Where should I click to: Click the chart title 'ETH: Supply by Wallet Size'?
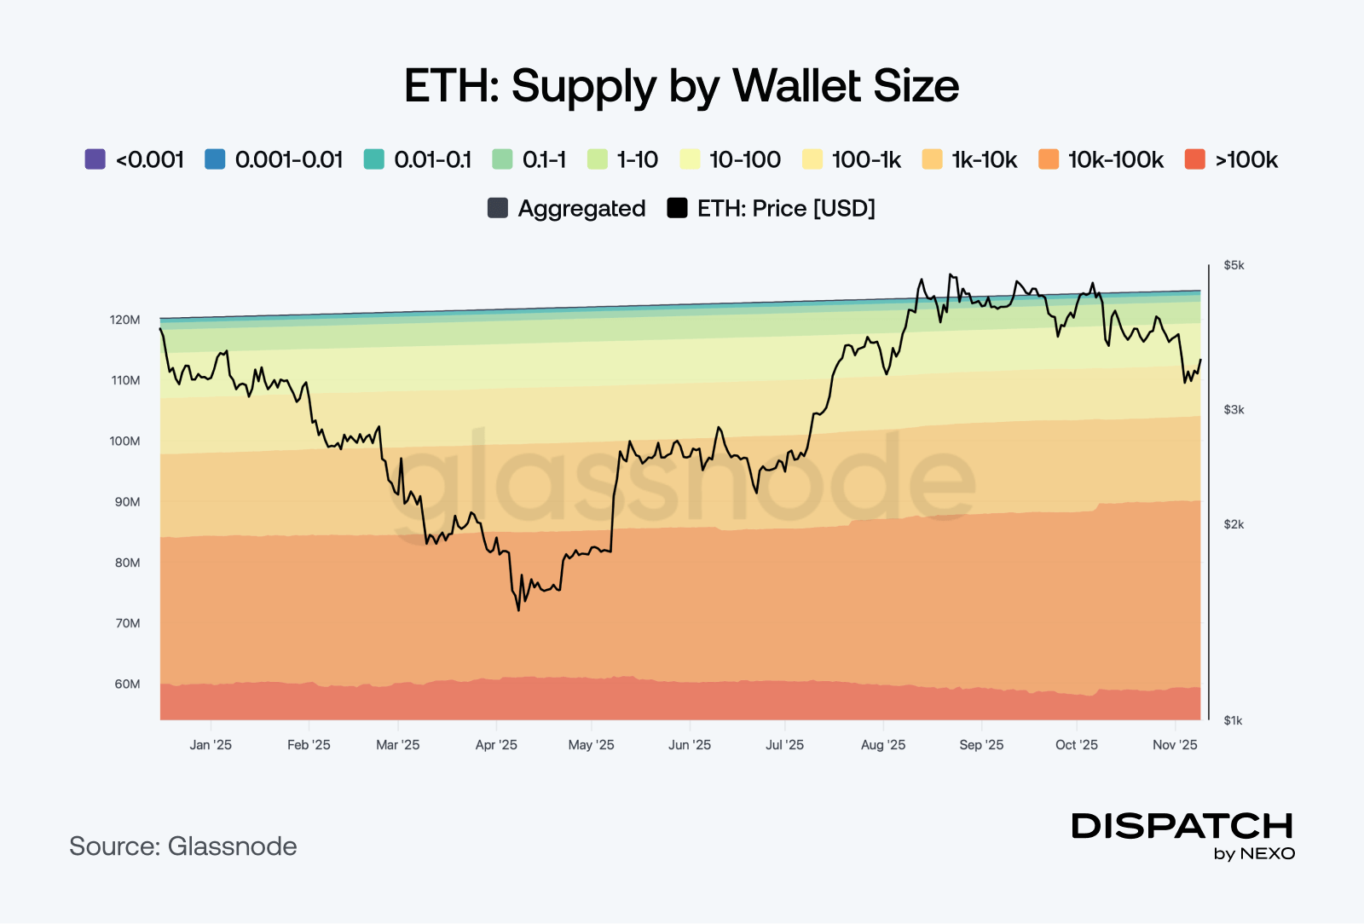click(681, 86)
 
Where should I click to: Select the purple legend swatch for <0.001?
click(95, 159)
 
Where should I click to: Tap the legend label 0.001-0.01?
click(288, 159)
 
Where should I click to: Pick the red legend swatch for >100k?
click(1194, 159)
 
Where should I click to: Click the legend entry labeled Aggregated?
click(581, 208)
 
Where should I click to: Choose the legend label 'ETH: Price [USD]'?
click(786, 208)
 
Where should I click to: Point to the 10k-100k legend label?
click(1115, 159)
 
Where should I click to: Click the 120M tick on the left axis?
click(124, 320)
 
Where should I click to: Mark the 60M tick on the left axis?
click(127, 684)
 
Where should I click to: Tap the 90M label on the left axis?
click(127, 502)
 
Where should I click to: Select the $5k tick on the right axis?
click(1234, 265)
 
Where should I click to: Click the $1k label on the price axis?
click(1234, 720)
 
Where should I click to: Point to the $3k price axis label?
click(1234, 410)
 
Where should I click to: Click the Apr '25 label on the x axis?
click(496, 745)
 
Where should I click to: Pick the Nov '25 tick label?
click(1175, 745)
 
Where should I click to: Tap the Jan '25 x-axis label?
click(211, 745)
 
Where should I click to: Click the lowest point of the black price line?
click(518, 609)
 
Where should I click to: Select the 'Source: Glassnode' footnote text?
click(183, 846)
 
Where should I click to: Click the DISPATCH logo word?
click(1182, 826)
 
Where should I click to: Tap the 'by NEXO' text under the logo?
click(1254, 854)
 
